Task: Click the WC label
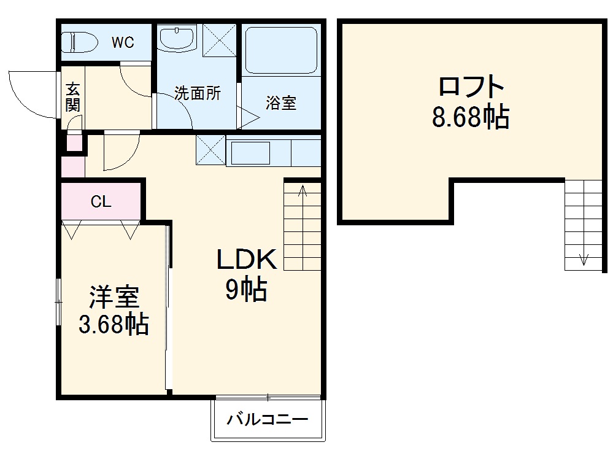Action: pos(123,42)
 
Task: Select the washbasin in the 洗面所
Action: pos(178,38)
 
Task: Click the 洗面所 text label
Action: pos(197,94)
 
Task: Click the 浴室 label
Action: pos(281,103)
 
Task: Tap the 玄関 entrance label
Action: pos(73,97)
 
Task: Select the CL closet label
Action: pos(101,202)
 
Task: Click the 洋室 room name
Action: pos(114,298)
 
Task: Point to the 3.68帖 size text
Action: pos(114,324)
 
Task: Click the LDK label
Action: pos(247,260)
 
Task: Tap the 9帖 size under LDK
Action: pos(245,289)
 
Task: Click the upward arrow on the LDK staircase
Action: pos(303,193)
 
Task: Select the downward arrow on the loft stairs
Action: pos(584,258)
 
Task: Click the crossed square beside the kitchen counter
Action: pos(210,150)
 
